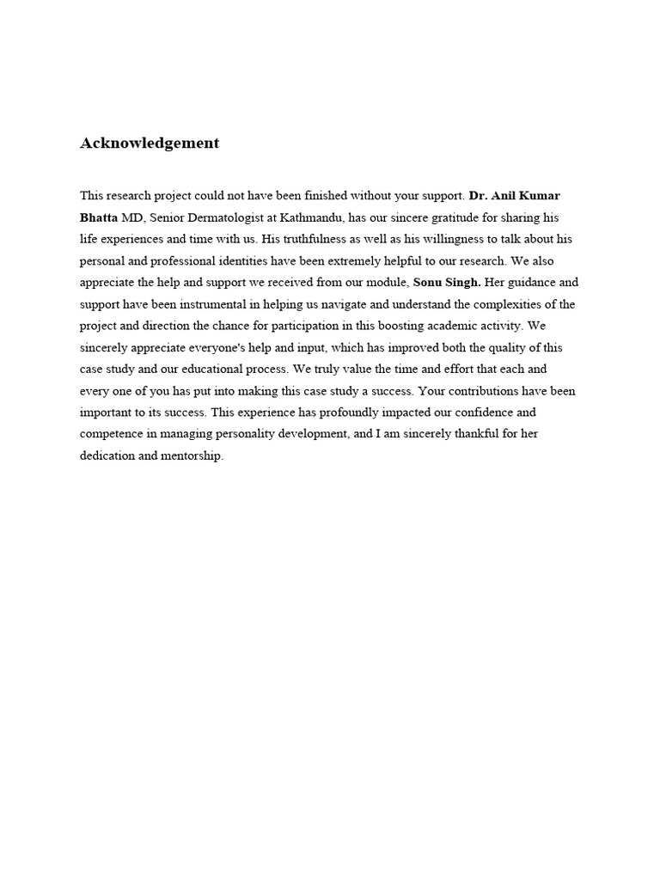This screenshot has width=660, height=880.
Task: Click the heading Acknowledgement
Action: coord(150,144)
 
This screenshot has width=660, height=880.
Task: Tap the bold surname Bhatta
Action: coord(98,217)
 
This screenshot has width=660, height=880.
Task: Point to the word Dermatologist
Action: coord(217,217)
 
